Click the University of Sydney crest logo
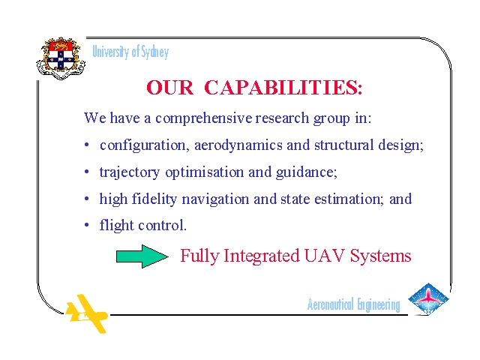61,58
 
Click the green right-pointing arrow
142,256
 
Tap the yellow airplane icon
87,313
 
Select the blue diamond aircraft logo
428,299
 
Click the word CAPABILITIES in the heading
283,88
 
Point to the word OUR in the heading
170,88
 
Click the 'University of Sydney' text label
130,52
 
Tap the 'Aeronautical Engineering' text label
353,304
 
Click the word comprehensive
204,118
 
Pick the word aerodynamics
238,145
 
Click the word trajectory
130,172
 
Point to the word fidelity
154,199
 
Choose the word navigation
215,199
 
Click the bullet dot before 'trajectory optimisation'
87,172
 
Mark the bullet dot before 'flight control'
87,225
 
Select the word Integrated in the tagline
262,256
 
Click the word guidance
307,172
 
